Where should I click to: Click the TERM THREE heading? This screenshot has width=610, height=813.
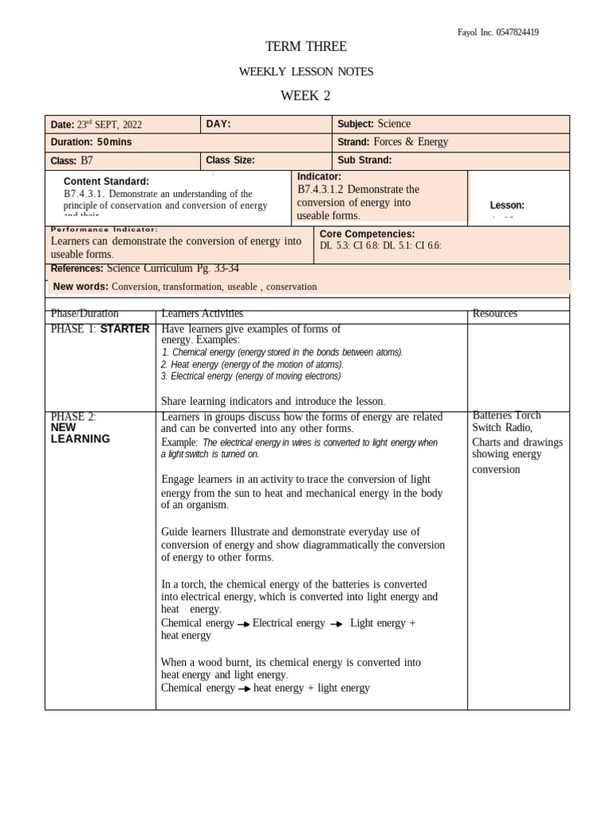[306, 47]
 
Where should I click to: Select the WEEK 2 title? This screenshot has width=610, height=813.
[305, 96]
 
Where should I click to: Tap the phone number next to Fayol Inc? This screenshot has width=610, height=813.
[517, 33]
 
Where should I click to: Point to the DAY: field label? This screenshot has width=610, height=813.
[218, 124]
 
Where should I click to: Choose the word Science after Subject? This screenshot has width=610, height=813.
[394, 124]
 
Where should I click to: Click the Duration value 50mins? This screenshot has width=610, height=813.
[114, 142]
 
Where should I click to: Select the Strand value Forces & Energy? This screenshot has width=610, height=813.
[411, 142]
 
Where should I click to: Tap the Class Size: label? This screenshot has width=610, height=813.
[230, 160]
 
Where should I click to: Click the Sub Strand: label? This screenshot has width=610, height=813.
[365, 160]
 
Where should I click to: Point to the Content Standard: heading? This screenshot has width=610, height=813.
[106, 181]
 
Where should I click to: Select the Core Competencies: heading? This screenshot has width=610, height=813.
[367, 234]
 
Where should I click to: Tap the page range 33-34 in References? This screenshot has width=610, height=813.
[226, 268]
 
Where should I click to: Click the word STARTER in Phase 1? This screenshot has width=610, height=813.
[124, 329]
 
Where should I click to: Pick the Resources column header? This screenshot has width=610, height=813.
[494, 314]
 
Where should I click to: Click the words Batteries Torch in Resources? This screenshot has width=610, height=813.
[507, 415]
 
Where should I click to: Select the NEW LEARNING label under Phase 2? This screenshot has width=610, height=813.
[80, 433]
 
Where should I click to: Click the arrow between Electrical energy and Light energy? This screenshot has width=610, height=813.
[337, 624]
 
